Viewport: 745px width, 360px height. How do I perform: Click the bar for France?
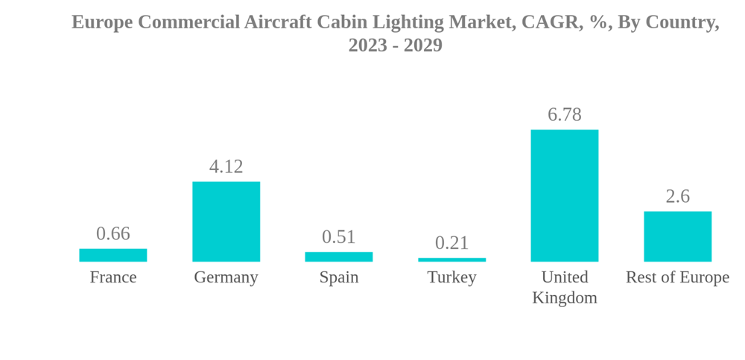(113, 255)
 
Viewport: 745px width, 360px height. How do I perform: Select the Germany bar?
(226, 221)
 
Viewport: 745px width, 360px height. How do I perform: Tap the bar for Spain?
(339, 256)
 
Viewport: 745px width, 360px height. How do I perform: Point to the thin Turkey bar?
(451, 259)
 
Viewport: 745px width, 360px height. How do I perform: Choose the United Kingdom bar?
(564, 195)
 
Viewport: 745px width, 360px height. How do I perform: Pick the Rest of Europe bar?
(677, 236)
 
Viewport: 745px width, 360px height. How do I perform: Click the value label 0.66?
(113, 233)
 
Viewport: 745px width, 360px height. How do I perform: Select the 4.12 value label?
(226, 166)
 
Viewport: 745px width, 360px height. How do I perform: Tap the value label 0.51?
(339, 236)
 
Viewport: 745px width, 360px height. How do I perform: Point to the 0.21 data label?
(451, 242)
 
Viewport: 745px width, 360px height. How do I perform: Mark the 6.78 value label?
(564, 114)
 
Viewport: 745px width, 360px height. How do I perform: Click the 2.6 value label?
(677, 196)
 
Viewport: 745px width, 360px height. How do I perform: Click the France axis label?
(113, 277)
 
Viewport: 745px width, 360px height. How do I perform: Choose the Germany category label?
(226, 277)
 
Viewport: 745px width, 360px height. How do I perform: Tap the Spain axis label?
(339, 277)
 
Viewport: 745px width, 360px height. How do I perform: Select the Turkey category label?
(451, 277)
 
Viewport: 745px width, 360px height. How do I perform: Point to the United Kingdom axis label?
(564, 287)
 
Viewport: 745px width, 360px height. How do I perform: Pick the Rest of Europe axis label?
(677, 277)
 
